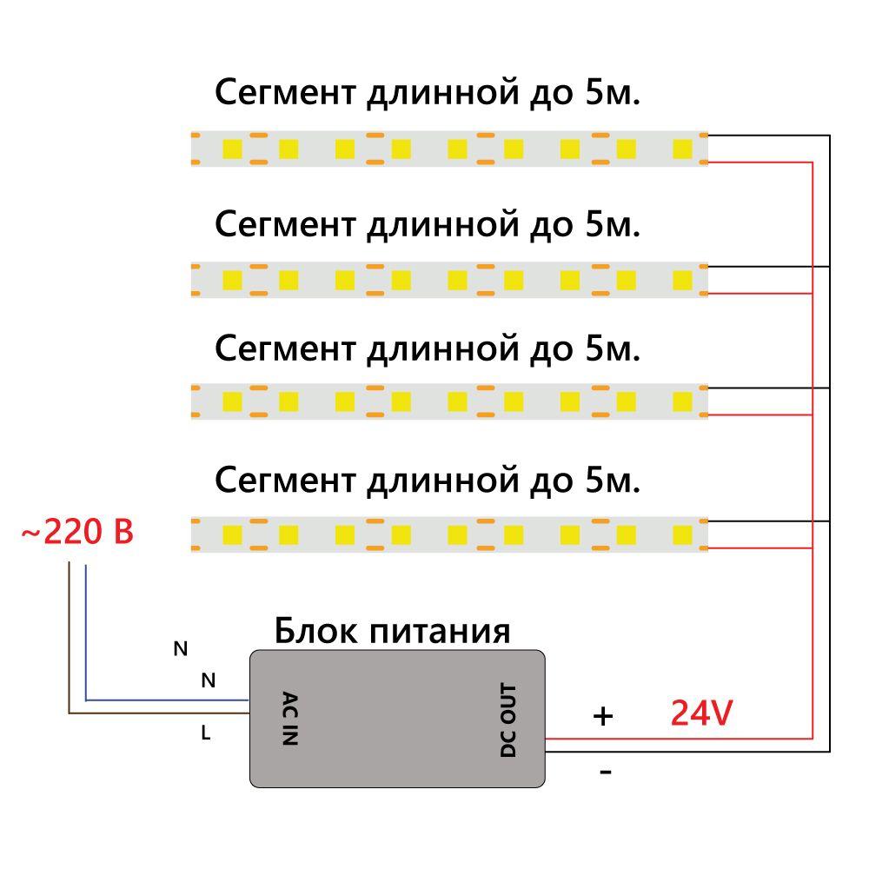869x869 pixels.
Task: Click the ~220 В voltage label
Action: (77, 531)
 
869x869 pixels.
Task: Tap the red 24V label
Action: (701, 713)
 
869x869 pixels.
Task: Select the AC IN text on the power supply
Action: (290, 719)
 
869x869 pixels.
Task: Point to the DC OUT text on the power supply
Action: (508, 720)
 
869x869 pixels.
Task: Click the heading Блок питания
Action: (392, 631)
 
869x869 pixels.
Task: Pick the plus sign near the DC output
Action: (602, 716)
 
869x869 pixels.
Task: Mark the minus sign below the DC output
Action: (606, 771)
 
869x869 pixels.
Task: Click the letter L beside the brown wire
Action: (206, 733)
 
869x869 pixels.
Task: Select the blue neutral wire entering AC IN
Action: (165, 699)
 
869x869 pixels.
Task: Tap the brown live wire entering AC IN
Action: (156, 713)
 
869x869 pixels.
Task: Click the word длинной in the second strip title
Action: (438, 225)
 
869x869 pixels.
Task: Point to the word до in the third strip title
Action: (547, 349)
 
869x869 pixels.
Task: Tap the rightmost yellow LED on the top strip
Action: (682, 149)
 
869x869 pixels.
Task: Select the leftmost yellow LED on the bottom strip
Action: (232, 533)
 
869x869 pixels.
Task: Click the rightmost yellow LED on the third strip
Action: (682, 401)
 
